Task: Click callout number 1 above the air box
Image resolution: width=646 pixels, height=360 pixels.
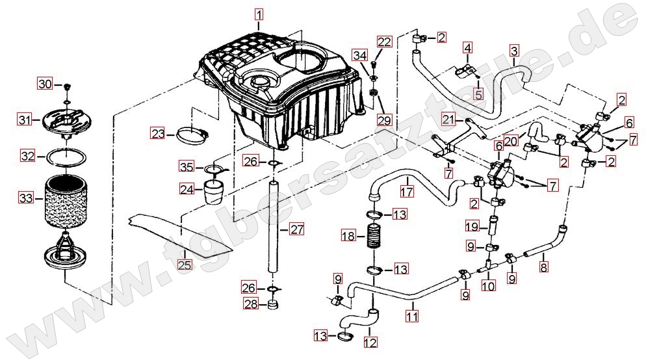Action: pyautogui.click(x=259, y=14)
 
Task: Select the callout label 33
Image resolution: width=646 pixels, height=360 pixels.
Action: pyautogui.click(x=26, y=197)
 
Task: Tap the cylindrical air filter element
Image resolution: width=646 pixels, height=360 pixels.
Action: pyautogui.click(x=66, y=202)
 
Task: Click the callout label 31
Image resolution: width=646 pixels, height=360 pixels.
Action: pyautogui.click(x=25, y=120)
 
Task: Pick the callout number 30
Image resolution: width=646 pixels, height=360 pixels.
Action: pyautogui.click(x=44, y=84)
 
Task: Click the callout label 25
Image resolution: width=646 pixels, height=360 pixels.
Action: pyautogui.click(x=185, y=264)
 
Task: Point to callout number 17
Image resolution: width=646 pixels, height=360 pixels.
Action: pyautogui.click(x=407, y=192)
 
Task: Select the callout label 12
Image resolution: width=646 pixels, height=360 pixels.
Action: pyautogui.click(x=370, y=341)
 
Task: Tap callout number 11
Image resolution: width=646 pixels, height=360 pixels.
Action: pyautogui.click(x=411, y=317)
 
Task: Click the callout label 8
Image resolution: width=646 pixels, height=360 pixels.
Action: pyautogui.click(x=544, y=265)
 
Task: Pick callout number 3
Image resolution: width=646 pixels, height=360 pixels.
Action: pyautogui.click(x=514, y=50)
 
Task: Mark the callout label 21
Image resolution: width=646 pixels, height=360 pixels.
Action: pyautogui.click(x=448, y=119)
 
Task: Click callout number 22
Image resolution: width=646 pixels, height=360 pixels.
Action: pyautogui.click(x=385, y=42)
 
